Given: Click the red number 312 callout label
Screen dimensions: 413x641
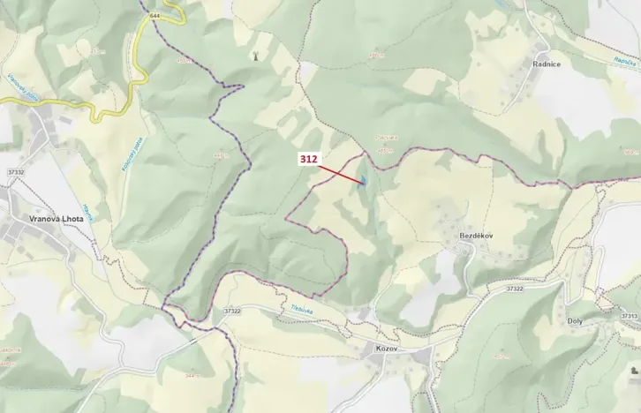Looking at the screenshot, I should click(x=308, y=159).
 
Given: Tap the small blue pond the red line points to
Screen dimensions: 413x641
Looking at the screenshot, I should click(x=362, y=181).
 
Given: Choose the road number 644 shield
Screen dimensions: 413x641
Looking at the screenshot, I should click(x=155, y=16).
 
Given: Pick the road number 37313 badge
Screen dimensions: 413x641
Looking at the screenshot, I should click(x=629, y=315).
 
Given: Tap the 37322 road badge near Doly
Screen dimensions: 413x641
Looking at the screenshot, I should click(x=515, y=289).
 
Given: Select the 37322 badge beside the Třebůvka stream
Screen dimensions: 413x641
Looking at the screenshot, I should click(x=232, y=311).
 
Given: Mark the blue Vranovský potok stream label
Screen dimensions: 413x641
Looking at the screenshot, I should click(x=19, y=85).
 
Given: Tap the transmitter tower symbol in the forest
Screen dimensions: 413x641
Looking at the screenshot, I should click(x=255, y=54).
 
